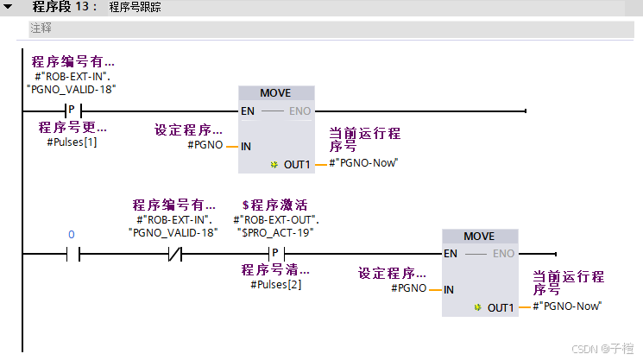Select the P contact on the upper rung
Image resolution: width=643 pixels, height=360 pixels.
[72, 111]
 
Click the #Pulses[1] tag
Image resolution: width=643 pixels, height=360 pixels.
[72, 141]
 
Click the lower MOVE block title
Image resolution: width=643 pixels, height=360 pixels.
[479, 237]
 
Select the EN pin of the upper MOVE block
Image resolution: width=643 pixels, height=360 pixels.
[248, 111]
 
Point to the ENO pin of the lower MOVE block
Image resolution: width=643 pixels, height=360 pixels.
[503, 254]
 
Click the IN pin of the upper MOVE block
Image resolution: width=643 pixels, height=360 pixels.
[246, 146]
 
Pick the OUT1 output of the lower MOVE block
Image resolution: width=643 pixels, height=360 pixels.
[500, 307]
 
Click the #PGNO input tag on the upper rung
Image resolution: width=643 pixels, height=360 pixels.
[205, 145]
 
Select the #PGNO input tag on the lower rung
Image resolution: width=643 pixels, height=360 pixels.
[409, 288]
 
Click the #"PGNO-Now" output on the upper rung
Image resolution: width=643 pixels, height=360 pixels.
[363, 162]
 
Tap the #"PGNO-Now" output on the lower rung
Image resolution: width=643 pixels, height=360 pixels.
[567, 306]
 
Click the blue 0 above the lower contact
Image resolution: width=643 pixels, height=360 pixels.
[72, 235]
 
